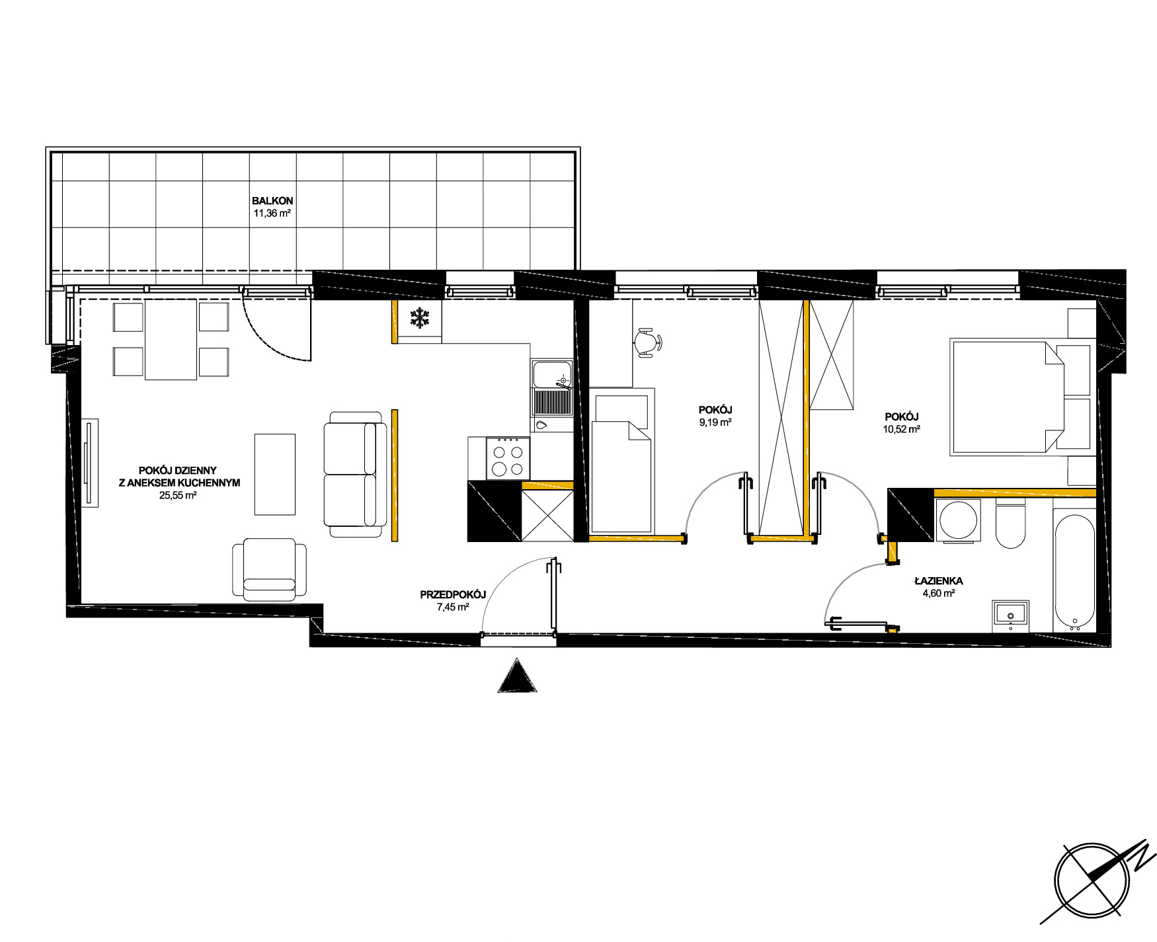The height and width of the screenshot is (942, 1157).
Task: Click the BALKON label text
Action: coord(272,201)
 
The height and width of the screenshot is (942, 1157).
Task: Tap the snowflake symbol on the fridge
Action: coord(419,319)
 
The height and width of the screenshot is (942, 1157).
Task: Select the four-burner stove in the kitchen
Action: coord(508,459)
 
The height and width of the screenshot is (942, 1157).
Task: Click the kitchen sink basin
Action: coord(552,374)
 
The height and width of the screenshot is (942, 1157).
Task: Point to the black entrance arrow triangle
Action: coord(517,676)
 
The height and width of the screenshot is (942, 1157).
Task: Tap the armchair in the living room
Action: coord(269,569)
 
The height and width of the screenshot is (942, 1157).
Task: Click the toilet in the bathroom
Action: coord(1010,526)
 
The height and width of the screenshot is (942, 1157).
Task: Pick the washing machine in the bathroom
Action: coord(957,521)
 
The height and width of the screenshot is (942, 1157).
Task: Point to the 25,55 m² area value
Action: coord(178,495)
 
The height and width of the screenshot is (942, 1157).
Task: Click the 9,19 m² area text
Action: coord(715,422)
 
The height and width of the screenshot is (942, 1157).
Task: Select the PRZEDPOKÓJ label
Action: coord(453,595)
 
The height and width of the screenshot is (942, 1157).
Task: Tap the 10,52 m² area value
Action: coord(902,428)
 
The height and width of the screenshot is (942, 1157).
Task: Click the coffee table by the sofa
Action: coord(275,474)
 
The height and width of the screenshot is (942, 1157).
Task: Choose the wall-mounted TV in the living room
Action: coord(90,463)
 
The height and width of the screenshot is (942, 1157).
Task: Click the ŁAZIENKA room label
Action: coord(939,581)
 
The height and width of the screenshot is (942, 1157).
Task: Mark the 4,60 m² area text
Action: coord(939,593)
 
